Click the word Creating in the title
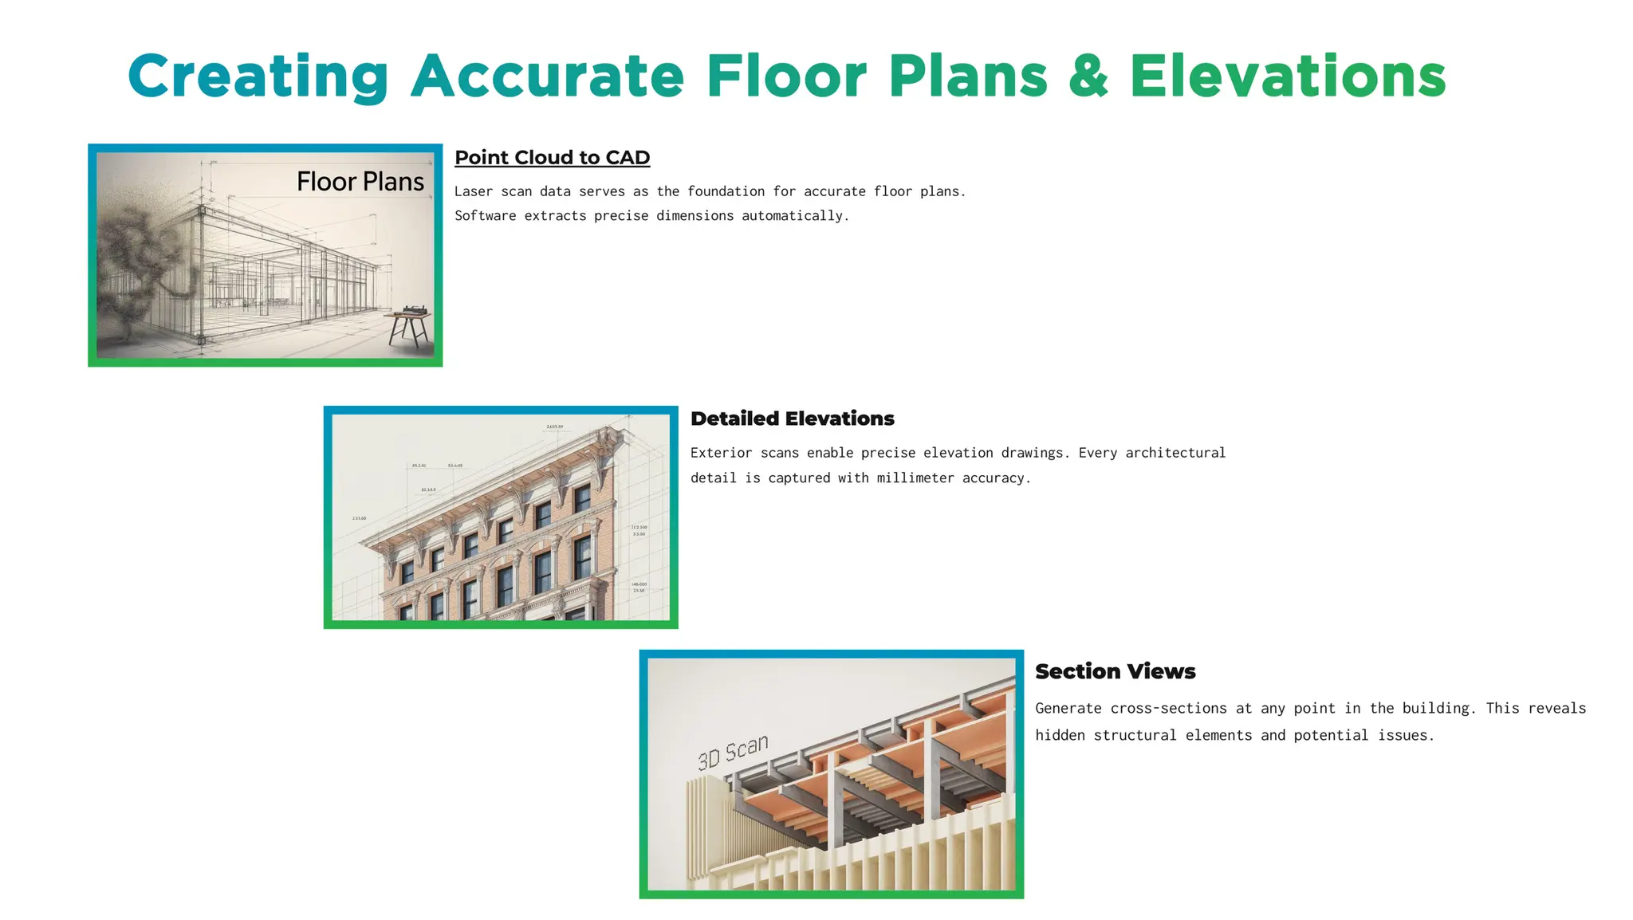pyautogui.click(x=258, y=77)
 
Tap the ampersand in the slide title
pyautogui.click(x=1088, y=77)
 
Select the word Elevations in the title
pyautogui.click(x=1287, y=77)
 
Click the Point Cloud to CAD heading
pyautogui.click(x=552, y=158)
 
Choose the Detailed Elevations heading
pyautogui.click(x=792, y=419)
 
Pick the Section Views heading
pyautogui.click(x=1115, y=671)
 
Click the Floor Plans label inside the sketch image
pyautogui.click(x=360, y=182)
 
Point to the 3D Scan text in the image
pyautogui.click(x=733, y=751)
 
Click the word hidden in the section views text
pyautogui.click(x=1060, y=735)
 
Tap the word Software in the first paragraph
pyautogui.click(x=485, y=216)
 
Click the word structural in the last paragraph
pyautogui.click(x=1135, y=735)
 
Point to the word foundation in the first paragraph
pyautogui.click(x=726, y=191)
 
